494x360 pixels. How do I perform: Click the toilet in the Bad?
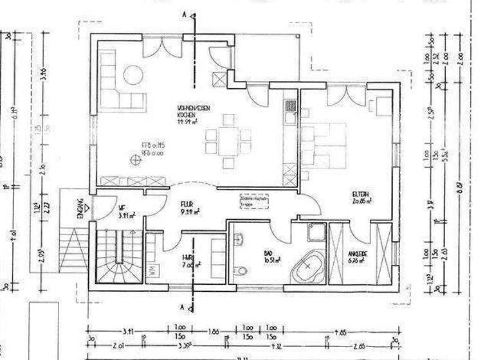[x=240, y=271]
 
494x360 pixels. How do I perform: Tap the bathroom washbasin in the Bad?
[x=239, y=239]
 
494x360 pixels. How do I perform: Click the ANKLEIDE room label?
[x=359, y=257]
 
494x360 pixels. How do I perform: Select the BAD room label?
[x=268, y=255]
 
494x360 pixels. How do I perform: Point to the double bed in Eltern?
[x=325, y=142]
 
